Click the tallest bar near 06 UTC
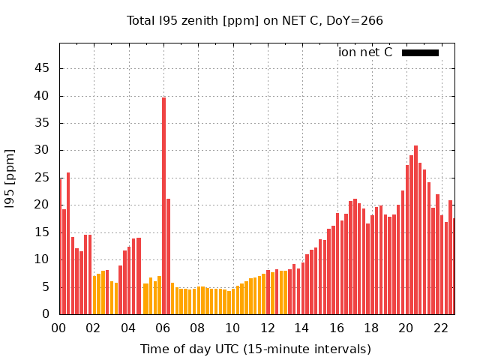pos(163,206)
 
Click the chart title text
pos(255,20)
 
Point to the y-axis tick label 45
pos(41,68)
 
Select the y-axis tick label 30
pos(41,150)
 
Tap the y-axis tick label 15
pos(41,232)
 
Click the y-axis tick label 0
pos(46,314)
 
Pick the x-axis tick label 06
pos(163,328)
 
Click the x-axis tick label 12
pos(268,328)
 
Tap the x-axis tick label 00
pos(59,328)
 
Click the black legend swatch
pos(420,52)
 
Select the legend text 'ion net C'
pos(365,52)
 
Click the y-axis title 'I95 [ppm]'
pos(10,178)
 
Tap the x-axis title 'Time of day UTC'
pos(256,349)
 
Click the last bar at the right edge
pos(453,266)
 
